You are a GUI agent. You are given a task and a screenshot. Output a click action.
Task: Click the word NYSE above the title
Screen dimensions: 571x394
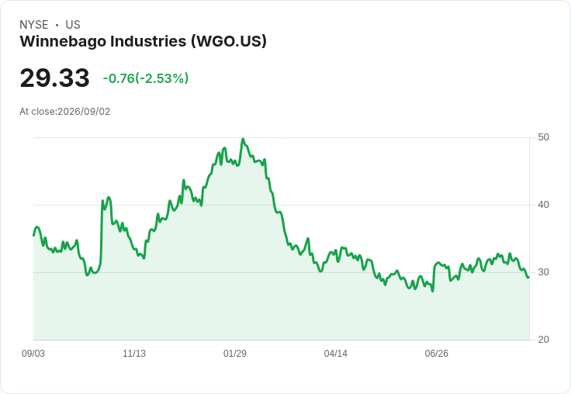(x=34, y=25)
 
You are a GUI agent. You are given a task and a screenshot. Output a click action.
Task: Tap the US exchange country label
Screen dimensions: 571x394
(x=73, y=25)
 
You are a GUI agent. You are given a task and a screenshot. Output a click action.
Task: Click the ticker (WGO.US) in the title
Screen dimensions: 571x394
(x=229, y=41)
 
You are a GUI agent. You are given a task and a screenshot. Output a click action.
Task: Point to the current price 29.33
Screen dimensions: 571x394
(x=54, y=78)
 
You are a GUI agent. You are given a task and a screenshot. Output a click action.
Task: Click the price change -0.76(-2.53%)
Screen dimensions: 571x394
(x=146, y=78)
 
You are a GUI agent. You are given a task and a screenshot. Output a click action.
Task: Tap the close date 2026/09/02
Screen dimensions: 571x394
(x=84, y=112)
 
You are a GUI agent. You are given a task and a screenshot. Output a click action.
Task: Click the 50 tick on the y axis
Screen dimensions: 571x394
(x=543, y=137)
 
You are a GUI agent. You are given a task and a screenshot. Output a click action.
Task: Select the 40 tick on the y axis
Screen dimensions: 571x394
(x=543, y=205)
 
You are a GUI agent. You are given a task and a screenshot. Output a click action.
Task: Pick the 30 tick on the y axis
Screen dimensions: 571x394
(x=543, y=272)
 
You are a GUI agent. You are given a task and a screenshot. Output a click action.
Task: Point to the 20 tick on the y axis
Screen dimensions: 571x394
(x=543, y=340)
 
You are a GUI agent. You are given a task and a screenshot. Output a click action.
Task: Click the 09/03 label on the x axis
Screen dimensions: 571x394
(x=33, y=353)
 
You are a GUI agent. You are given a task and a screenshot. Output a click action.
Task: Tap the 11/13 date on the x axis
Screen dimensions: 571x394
(x=134, y=353)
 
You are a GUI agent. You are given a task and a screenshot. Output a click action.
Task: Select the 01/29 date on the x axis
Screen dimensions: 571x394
(x=235, y=353)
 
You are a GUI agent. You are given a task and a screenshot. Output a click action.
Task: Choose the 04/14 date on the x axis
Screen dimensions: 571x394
(x=335, y=353)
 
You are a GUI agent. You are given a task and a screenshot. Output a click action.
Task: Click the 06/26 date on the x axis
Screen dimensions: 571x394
(x=436, y=353)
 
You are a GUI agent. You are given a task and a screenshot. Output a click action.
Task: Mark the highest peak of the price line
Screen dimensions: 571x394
(x=243, y=139)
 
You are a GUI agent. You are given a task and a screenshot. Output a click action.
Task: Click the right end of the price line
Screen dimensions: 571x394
(x=529, y=278)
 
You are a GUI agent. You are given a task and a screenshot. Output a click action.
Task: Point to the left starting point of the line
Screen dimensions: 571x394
(x=34, y=236)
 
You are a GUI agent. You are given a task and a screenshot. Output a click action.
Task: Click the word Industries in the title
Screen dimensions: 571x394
(x=149, y=41)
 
